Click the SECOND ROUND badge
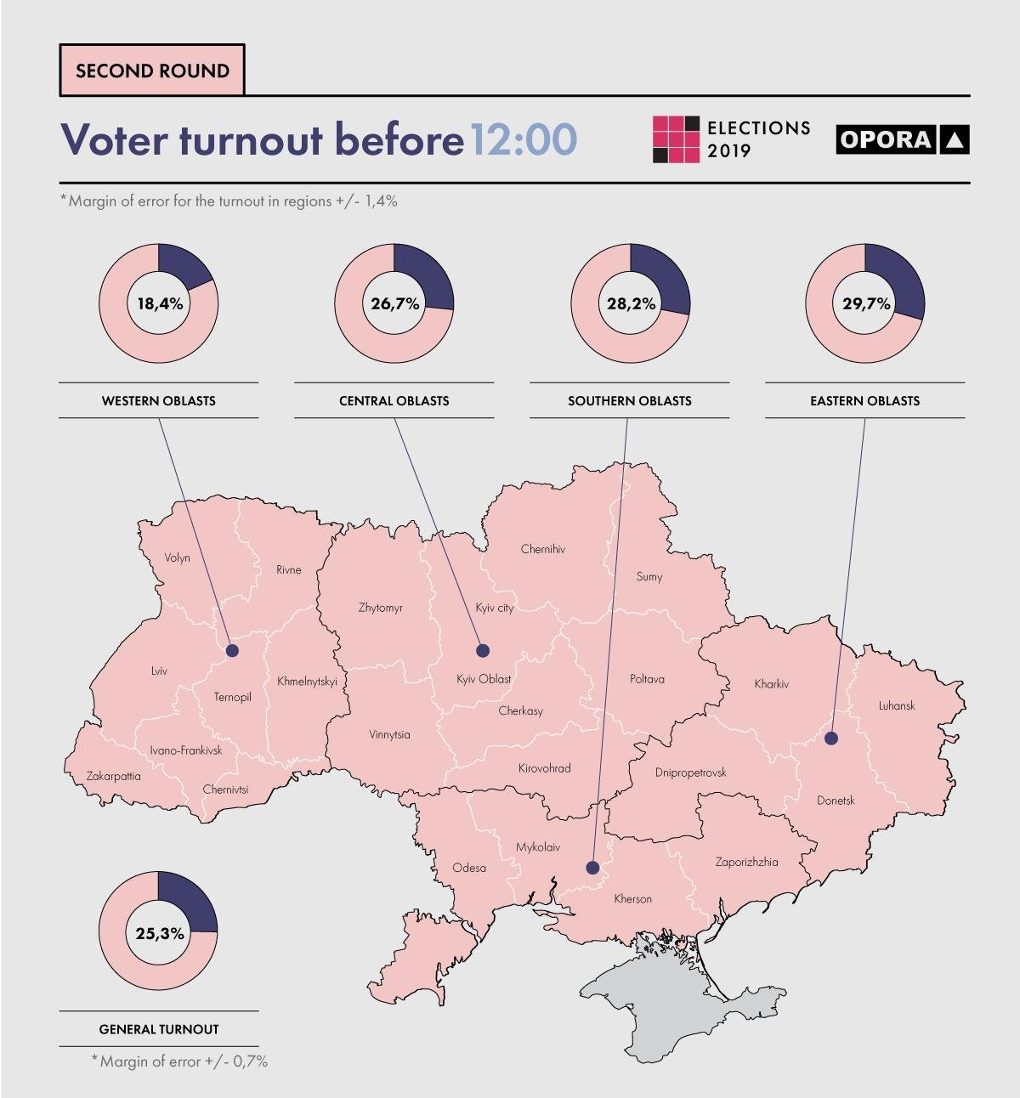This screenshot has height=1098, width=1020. coord(152,71)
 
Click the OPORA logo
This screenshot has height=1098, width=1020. coord(902,139)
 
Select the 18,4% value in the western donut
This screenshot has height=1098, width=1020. coord(160,303)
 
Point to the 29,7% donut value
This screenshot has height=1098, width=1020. coord(866,303)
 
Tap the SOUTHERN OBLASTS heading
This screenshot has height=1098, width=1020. coord(629,400)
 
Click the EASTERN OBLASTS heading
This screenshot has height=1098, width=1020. coord(864,400)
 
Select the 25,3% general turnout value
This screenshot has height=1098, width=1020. coord(160,933)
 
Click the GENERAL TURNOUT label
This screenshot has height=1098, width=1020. coord(159,1029)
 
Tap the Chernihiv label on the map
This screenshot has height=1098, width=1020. coord(542,549)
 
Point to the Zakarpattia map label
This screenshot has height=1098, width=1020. coord(114,776)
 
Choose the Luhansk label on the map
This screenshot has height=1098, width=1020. coord(897,705)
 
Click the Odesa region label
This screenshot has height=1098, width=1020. coord(469,868)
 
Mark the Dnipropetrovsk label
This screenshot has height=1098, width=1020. coord(690,773)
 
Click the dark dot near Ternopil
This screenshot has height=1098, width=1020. coord(232,651)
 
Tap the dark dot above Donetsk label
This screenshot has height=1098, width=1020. coord(831,739)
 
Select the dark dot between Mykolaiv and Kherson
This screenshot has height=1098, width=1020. coord(592,868)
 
